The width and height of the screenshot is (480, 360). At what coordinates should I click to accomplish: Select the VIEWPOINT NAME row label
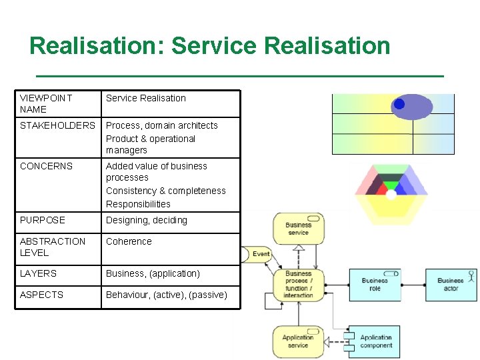pos(46,103)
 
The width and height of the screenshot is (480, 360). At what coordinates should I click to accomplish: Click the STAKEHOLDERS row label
pos(57,125)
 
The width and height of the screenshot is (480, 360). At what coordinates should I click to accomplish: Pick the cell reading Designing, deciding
pos(147,220)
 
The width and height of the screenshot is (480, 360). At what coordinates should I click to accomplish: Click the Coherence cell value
pos(129,241)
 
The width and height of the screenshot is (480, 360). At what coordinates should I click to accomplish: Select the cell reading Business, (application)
pos(153,273)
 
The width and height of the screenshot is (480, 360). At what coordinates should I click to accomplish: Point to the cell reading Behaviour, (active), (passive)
pos(166,295)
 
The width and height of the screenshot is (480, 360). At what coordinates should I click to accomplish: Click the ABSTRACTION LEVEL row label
pos(53,247)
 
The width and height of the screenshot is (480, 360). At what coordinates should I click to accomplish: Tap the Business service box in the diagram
pos(297,229)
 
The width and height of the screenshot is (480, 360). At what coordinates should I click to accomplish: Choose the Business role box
pos(375,285)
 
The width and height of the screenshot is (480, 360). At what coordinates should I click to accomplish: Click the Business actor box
pos(451,285)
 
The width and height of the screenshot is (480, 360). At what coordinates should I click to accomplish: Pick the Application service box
pos(297,341)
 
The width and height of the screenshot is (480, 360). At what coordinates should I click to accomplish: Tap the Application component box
pos(375,341)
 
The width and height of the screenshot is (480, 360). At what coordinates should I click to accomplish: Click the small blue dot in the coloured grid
pos(399,104)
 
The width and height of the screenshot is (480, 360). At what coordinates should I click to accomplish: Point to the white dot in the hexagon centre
pos(391,195)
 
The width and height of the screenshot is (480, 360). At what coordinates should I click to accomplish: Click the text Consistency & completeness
pos(166,191)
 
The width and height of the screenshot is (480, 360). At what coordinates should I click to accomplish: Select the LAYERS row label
pos(39,273)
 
